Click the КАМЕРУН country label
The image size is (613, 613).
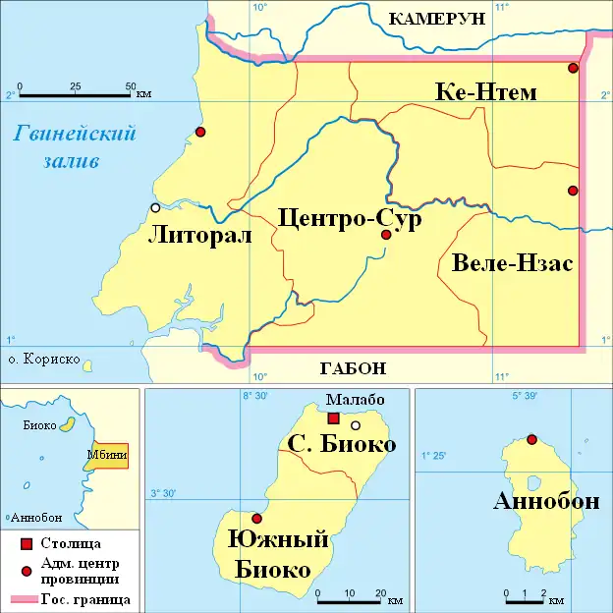(438, 19)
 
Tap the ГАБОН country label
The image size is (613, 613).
(353, 369)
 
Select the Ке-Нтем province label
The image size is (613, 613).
(485, 92)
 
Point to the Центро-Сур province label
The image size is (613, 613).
(349, 218)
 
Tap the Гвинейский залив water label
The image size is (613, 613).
(74, 146)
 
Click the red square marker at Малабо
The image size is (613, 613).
(334, 418)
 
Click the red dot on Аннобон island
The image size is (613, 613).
(531, 439)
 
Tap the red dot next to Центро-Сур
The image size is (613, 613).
(386, 235)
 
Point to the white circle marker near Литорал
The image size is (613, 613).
(155, 207)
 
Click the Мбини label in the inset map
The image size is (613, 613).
(105, 455)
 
